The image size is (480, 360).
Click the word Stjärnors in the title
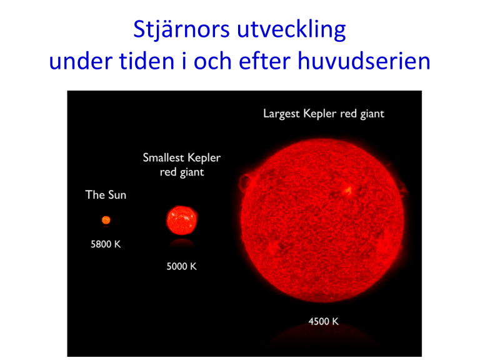click(181, 30)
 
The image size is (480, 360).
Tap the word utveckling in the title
click(291, 30)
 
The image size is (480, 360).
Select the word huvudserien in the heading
click(364, 61)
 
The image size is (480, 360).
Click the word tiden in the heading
click(147, 61)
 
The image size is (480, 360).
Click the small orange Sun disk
click(106, 220)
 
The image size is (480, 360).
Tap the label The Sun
click(106, 195)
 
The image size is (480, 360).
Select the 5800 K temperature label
click(106, 244)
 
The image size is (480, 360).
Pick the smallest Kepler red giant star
click(182, 220)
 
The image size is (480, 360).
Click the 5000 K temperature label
click(181, 266)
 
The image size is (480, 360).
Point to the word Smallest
click(164, 157)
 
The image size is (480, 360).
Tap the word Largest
click(282, 114)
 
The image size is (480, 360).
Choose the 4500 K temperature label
click(324, 321)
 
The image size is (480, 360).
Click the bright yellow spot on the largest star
click(347, 191)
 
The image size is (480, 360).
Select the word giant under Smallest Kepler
click(192, 172)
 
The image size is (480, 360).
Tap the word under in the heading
click(81, 61)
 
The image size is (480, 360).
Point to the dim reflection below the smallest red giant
click(182, 242)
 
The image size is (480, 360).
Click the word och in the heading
click(212, 61)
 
